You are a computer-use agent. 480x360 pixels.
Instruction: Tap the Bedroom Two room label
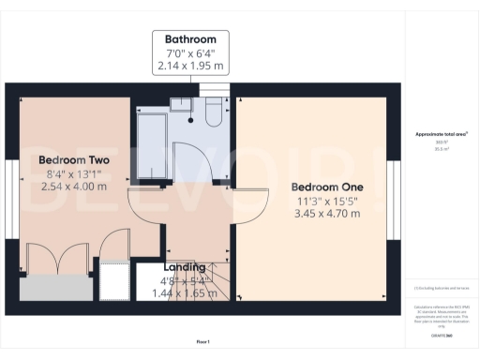(74, 160)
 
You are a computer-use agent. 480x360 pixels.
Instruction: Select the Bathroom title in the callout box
(190, 40)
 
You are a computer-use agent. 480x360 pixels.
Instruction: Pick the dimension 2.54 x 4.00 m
(74, 187)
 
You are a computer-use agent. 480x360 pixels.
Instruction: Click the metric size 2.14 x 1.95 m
(190, 67)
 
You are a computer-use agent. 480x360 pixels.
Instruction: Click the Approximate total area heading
(441, 134)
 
